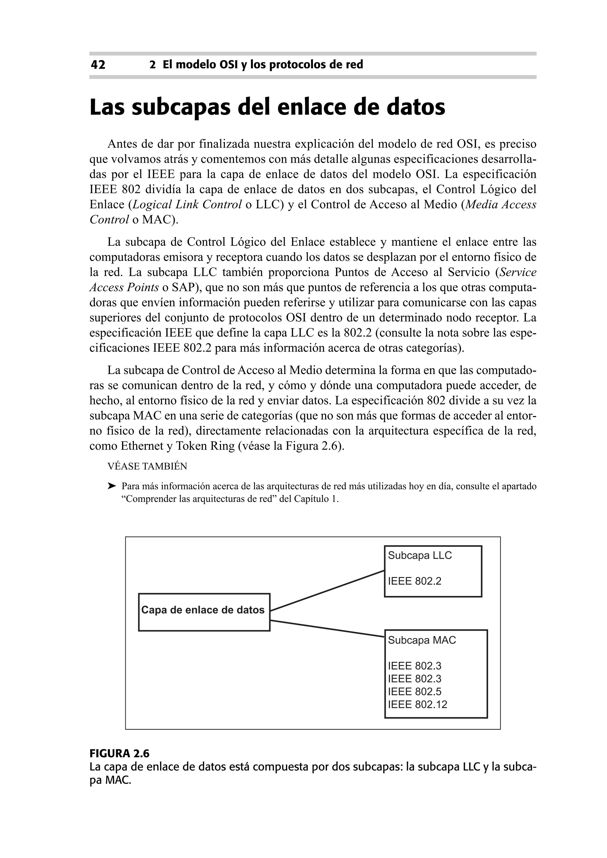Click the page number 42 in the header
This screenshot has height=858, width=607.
pos(98,65)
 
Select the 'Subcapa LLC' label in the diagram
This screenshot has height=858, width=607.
pos(420,556)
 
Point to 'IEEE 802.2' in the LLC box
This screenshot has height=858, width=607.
pos(415,581)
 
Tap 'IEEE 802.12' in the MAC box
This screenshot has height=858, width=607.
pos(418,704)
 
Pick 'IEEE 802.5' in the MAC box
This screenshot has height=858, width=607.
pos(415,692)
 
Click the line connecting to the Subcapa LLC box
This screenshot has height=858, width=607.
pos(327,590)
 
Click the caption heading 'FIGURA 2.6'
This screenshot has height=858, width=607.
pos(119,753)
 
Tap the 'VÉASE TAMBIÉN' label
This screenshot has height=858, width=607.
pos(147,466)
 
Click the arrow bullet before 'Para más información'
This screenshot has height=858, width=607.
pos(112,486)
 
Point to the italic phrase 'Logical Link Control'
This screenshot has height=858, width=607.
pos(187,205)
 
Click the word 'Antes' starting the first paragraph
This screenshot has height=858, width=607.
pos(121,144)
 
